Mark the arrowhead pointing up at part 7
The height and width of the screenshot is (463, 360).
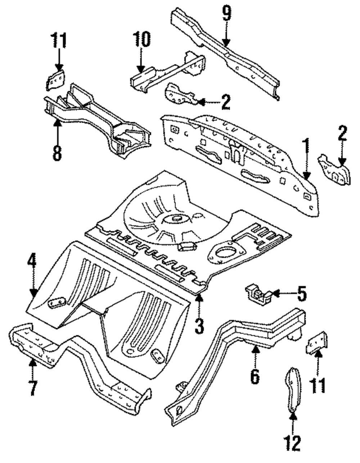(33, 363)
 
